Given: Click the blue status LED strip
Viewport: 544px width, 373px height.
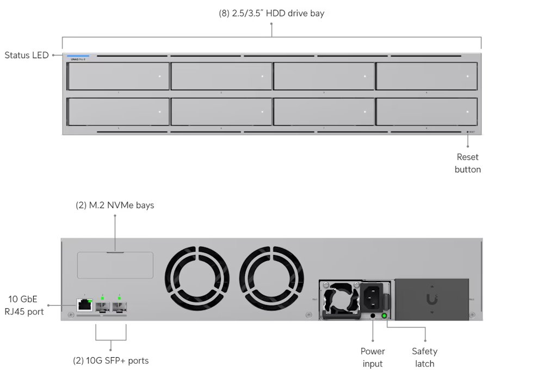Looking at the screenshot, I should coord(78,56).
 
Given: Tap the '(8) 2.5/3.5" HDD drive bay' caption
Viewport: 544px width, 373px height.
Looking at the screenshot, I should coord(271,13).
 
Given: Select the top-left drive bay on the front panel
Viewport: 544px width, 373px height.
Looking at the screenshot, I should coord(118,76).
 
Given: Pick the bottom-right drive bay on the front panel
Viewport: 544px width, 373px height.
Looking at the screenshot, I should coord(427,111).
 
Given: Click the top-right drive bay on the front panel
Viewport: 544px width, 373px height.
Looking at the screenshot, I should coord(427,76).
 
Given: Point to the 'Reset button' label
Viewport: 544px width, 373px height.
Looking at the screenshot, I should coord(468,163).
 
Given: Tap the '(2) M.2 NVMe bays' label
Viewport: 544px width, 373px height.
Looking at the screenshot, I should coord(115,206).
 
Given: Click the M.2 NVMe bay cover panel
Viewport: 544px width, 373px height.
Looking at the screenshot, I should coord(115,265).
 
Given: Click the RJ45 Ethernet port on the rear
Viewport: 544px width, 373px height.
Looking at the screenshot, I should coord(84,305).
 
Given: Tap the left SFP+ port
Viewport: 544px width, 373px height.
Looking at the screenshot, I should coord(102,307).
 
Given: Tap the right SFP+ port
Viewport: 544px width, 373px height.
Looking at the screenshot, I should coord(119,307).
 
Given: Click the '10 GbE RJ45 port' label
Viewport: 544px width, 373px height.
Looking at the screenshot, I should coord(26,305).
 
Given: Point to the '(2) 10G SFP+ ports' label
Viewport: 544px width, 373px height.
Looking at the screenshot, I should coord(111,360).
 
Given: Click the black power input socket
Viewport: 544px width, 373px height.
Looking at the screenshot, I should coord(373,297).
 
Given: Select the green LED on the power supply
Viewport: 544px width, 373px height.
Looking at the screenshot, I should coord(384,315).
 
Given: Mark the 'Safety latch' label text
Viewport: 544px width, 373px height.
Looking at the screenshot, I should coord(424,357).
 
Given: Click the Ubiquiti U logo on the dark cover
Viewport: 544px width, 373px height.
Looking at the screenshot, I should coord(432,299).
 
